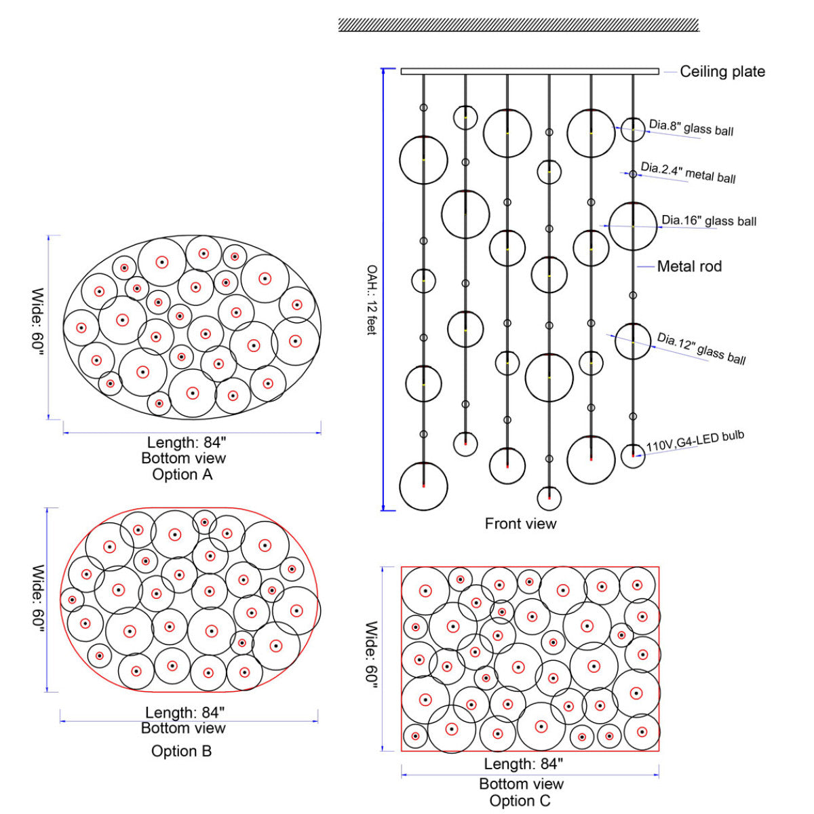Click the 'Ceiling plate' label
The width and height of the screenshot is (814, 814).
[x=722, y=72]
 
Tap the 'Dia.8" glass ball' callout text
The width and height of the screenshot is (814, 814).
[x=691, y=128]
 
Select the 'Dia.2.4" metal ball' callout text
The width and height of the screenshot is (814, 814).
[x=688, y=173]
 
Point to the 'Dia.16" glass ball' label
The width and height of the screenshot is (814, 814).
[x=709, y=220]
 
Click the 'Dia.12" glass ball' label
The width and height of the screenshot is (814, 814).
[x=701, y=349]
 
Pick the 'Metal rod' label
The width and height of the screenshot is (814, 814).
[x=689, y=267]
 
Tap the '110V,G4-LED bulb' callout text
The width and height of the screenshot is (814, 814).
[x=695, y=441]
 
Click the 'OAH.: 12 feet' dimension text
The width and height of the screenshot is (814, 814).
[x=371, y=300]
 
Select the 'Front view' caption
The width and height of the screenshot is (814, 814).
[x=520, y=524]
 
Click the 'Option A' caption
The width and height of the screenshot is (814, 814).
[x=182, y=474]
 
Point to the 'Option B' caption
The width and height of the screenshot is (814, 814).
[x=181, y=751]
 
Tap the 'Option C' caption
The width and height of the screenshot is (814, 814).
[x=520, y=801]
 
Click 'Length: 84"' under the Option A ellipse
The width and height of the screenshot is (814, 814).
[x=187, y=442]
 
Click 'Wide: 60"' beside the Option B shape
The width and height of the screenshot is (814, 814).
[x=39, y=598]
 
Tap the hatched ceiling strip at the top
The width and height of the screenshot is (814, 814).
[x=519, y=25]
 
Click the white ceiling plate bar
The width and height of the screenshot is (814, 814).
[x=530, y=71]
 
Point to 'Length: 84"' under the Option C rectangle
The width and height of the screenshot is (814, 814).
[x=524, y=764]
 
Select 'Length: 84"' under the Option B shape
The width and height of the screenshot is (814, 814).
[x=185, y=712]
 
